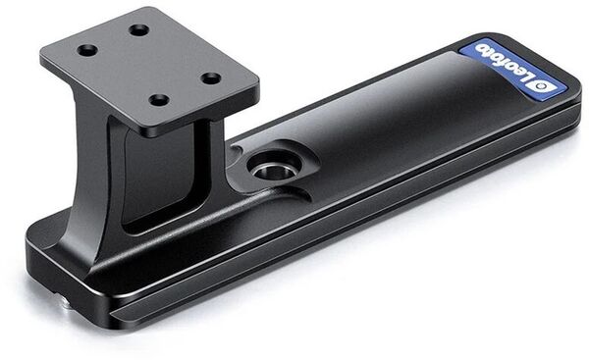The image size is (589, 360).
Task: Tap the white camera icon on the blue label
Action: pos(538,90)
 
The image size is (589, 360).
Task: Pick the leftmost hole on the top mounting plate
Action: pos(87,50)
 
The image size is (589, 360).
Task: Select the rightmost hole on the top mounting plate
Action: pos(211,78)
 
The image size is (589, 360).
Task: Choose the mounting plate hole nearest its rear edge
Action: pos(138,30)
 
